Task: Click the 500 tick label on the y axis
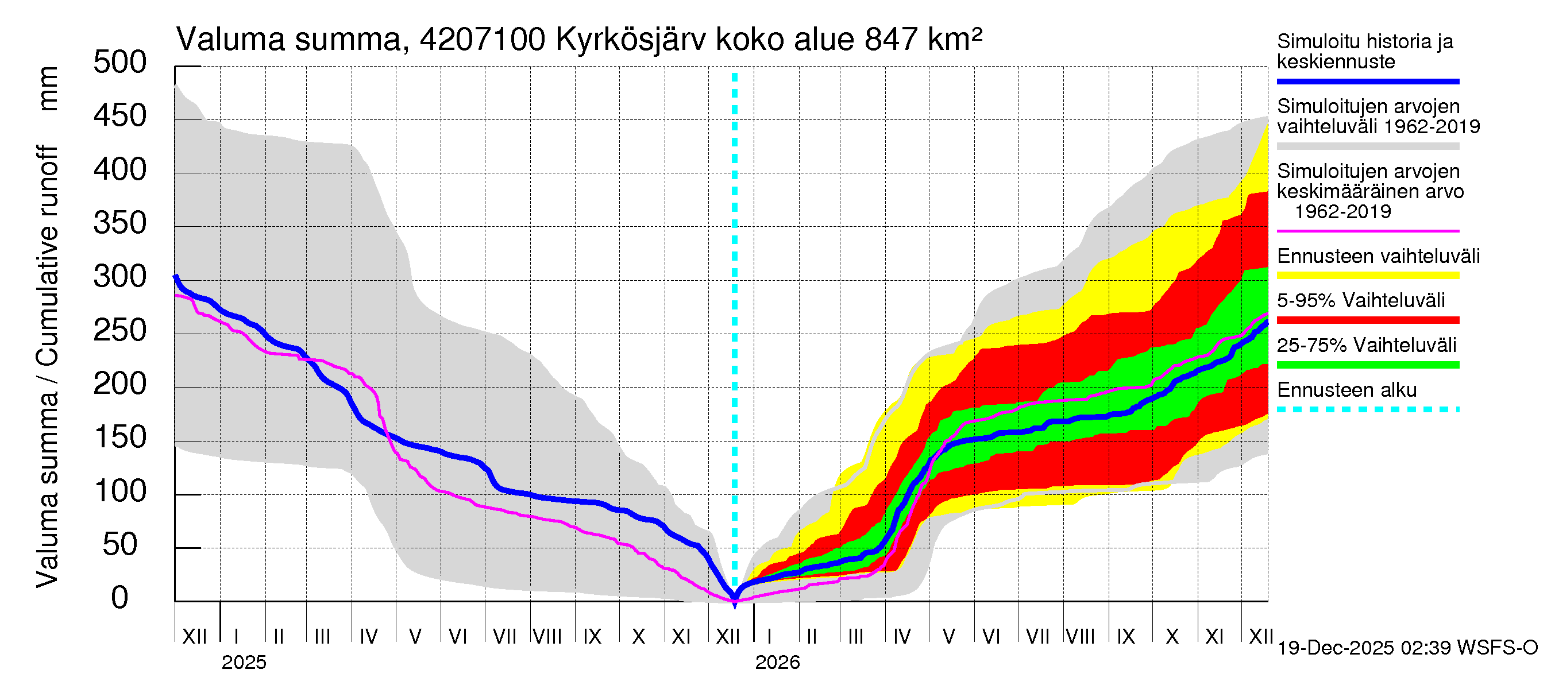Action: pos(119,63)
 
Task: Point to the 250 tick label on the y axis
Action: pos(119,330)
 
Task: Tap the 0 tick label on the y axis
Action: pos(119,598)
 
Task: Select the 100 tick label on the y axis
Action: pos(119,491)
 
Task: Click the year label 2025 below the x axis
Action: pos(243,663)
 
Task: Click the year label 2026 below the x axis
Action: pos(777,663)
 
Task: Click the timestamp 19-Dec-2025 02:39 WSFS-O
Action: pos(1407,648)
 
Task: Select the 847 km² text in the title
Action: pos(923,40)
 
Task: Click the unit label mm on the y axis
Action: pos(48,88)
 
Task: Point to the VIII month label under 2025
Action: pos(547,636)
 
